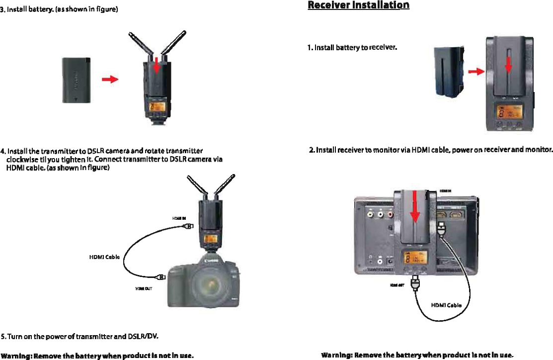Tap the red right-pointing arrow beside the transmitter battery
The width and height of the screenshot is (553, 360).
110,79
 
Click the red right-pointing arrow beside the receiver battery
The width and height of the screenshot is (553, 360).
476,72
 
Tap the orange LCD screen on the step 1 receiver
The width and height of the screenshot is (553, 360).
509,112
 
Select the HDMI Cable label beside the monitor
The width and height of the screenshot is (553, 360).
446,305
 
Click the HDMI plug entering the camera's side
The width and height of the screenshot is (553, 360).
161,277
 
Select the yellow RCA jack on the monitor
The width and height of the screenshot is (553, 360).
370,215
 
